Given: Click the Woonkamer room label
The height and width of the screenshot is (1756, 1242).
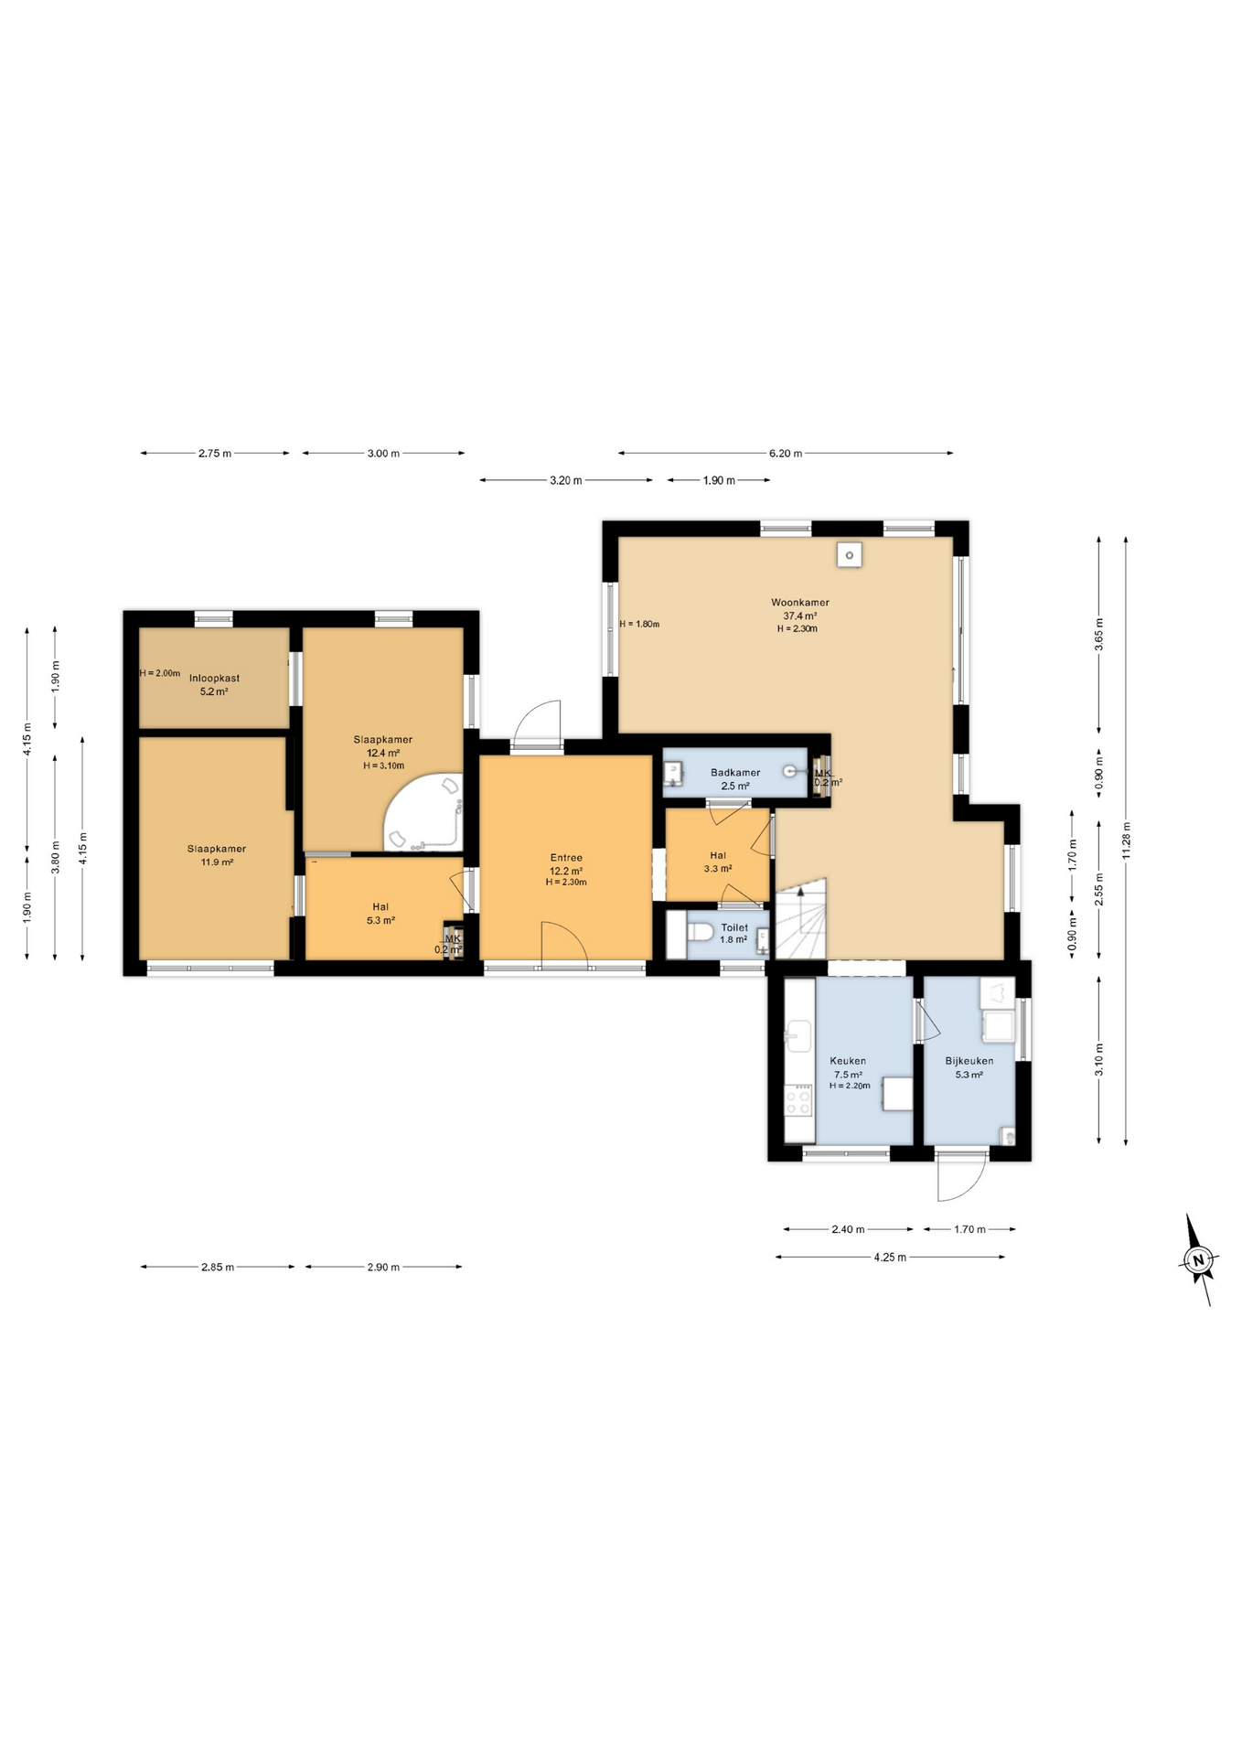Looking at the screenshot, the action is (799, 603).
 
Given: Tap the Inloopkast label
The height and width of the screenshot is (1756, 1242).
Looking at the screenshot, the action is (214, 679).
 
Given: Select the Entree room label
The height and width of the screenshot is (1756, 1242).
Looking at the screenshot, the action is (566, 859).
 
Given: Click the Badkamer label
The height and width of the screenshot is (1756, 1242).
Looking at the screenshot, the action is (734, 773).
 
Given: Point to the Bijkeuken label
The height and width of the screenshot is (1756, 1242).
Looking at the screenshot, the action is (969, 1061).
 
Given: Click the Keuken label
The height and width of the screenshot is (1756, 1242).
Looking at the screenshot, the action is (848, 1061).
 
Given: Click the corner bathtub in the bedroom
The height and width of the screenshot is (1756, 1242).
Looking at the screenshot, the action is (424, 812).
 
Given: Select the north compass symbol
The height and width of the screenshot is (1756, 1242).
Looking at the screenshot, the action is (1198, 1259).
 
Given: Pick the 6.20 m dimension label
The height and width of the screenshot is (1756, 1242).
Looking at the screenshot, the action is (785, 453).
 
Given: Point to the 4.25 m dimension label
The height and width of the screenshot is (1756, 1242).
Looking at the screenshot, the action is (889, 1257).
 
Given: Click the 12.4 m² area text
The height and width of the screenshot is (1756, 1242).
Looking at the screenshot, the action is (382, 754).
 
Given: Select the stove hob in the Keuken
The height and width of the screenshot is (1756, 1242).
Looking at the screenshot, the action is (798, 1099).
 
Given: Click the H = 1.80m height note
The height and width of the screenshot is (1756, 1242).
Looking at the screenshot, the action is (639, 625).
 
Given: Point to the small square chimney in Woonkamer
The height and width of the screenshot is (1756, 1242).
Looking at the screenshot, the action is (850, 554).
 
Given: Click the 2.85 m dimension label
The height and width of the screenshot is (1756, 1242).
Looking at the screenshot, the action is (218, 1267).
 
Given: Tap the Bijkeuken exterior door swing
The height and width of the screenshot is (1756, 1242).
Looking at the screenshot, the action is (960, 1178).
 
